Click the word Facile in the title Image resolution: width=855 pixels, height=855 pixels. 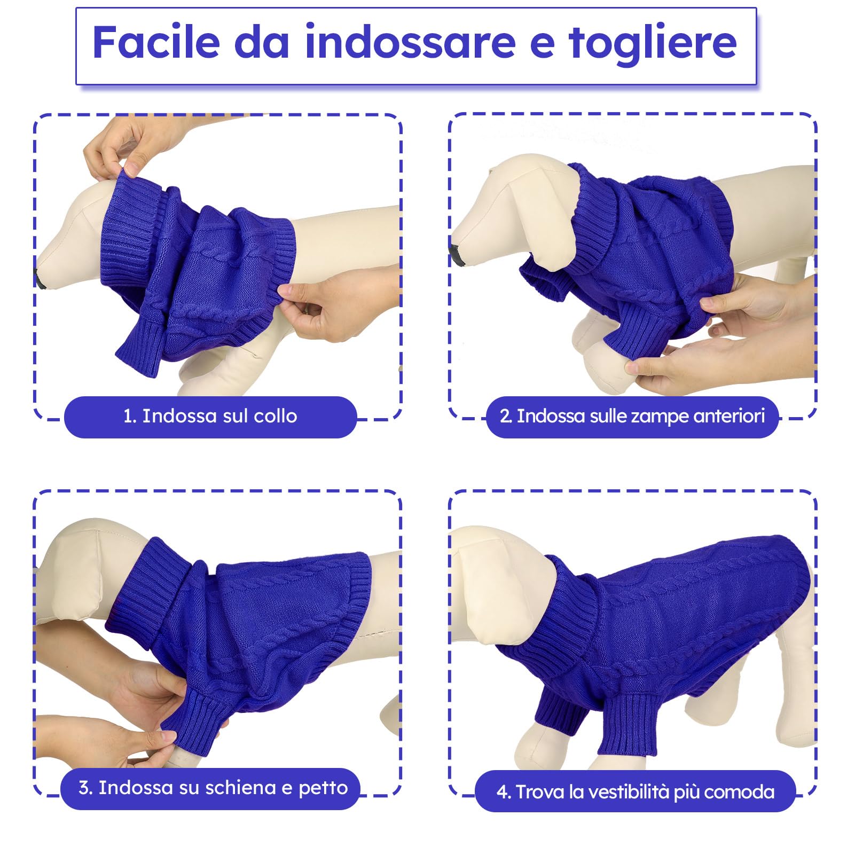156,43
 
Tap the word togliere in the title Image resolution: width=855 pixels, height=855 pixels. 653,43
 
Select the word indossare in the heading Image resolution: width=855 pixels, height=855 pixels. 410,43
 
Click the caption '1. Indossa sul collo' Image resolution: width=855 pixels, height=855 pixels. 210,416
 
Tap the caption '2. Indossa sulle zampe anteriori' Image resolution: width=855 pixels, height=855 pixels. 632,416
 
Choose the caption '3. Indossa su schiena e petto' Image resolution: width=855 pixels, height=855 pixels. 213,788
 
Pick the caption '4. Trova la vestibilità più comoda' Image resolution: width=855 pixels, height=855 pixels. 635,791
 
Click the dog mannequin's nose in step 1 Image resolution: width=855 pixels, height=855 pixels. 40,277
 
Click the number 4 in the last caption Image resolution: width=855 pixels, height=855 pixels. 501,792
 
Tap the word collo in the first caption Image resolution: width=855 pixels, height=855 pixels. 274,416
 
